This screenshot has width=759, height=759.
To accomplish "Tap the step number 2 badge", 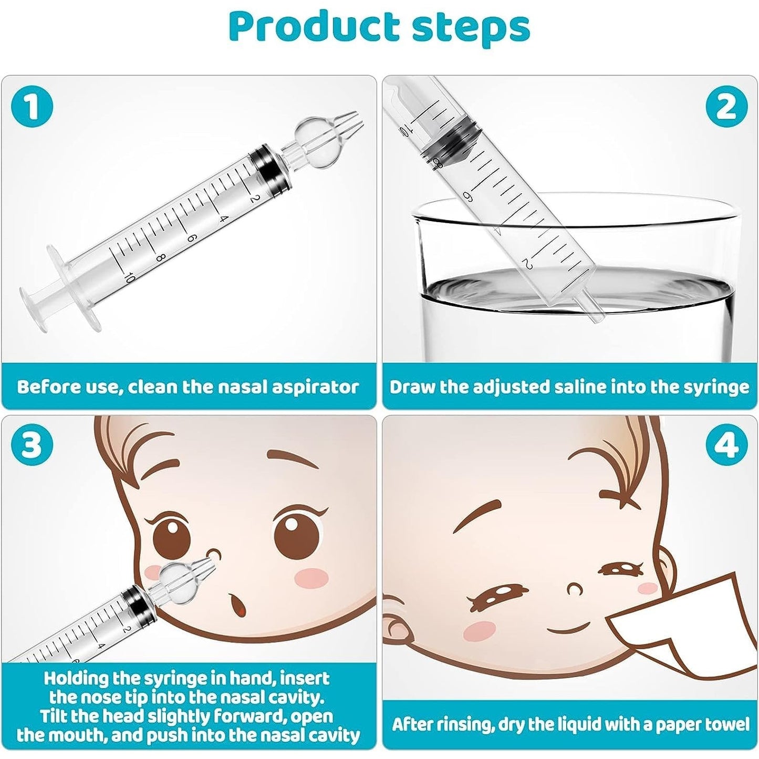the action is click(x=726, y=108).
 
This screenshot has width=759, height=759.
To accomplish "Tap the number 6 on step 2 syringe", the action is click(x=469, y=194).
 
